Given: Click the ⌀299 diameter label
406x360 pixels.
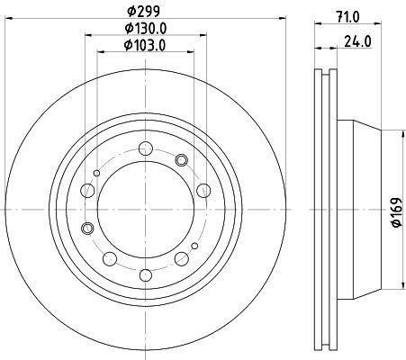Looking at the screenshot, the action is point(143,12).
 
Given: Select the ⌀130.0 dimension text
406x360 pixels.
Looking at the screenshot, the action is point(146,28).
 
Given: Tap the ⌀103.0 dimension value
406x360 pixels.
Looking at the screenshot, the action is point(145,45).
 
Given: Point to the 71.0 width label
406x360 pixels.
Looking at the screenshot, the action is point(347,17).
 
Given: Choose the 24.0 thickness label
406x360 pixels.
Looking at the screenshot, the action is point(358,41).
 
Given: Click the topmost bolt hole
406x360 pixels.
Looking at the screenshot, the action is point(146,148).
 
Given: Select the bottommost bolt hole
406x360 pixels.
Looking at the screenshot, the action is point(146,275).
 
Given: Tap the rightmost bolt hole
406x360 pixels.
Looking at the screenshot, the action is point(203,191).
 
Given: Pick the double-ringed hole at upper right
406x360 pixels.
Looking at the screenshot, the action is point(181,160).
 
